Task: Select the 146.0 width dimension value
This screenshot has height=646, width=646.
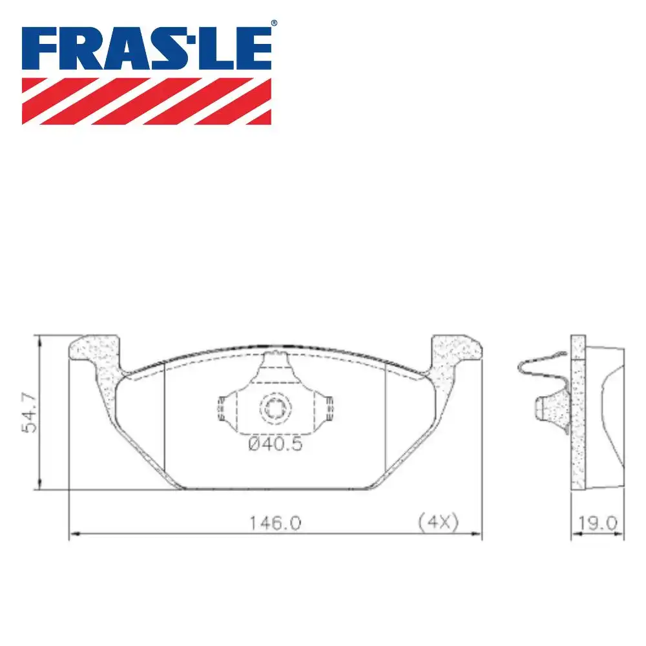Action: [x=276, y=523]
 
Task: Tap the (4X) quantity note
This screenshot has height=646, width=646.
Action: [x=438, y=522]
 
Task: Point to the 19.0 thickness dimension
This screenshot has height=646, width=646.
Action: [x=598, y=522]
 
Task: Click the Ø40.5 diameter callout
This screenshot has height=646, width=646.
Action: [x=276, y=444]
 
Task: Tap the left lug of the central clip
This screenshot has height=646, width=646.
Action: [x=222, y=408]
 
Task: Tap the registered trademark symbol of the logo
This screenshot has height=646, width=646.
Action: [x=273, y=23]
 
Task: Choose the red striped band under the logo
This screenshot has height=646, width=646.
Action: [x=147, y=101]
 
